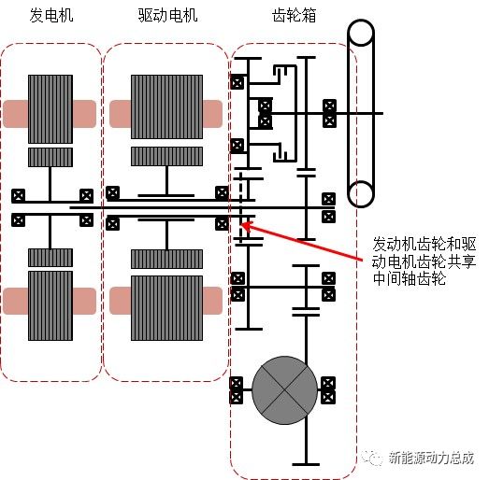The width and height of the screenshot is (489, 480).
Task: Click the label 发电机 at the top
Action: [x=50, y=16]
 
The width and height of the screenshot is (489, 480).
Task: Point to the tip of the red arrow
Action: [x=242, y=223]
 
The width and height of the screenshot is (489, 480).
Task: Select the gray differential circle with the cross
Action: [x=284, y=386]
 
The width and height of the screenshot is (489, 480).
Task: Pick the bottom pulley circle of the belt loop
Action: [x=361, y=193]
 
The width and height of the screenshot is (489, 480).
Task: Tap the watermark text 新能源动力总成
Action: [x=431, y=459]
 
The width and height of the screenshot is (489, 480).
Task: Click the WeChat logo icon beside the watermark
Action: [x=375, y=459]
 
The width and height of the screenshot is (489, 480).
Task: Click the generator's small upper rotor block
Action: [x=50, y=157]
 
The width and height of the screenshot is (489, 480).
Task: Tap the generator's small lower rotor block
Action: [x=50, y=257]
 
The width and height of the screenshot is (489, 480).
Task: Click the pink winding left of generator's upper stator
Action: [x=16, y=113]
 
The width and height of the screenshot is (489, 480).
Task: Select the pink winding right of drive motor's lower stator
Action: [x=213, y=300]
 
